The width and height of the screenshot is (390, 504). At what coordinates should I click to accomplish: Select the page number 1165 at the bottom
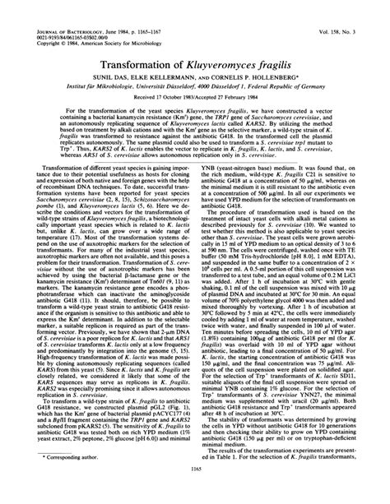pos(194,492)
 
